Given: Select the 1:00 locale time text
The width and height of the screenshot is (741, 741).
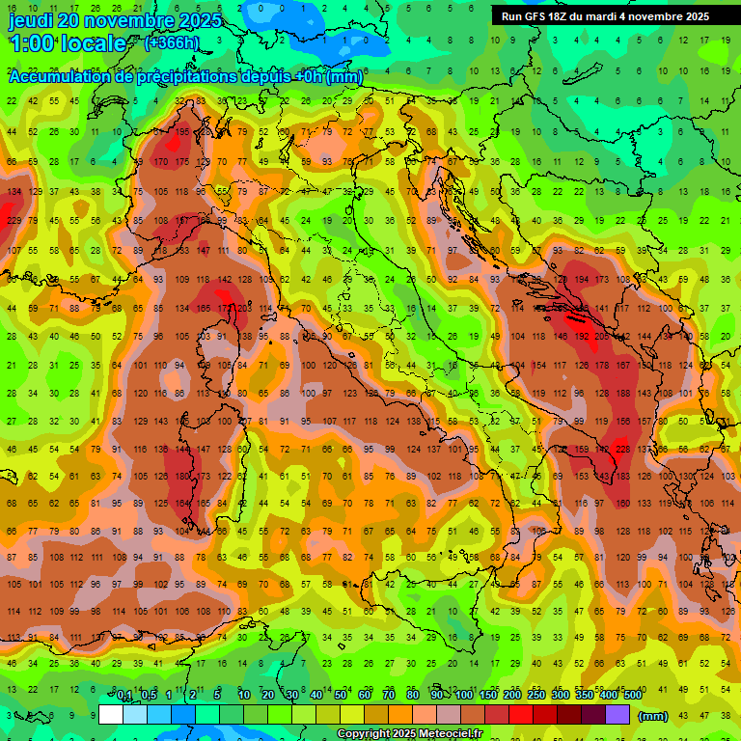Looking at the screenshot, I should (68, 43).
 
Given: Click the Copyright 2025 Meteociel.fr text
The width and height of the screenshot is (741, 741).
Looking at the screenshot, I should (409, 733).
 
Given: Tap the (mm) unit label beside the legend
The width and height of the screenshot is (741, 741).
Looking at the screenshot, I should (653, 715).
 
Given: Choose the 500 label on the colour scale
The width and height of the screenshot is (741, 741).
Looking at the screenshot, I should (632, 695).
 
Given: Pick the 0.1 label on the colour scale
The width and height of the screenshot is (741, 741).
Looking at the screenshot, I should (124, 695).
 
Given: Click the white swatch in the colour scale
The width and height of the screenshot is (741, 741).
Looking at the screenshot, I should (111, 715).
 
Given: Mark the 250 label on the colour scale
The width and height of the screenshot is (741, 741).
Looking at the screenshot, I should (535, 695).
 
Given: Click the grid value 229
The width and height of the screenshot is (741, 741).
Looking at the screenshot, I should (14, 220).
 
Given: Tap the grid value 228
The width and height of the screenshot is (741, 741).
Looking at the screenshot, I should (622, 449).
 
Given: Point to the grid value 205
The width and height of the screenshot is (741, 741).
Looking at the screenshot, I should (602, 337).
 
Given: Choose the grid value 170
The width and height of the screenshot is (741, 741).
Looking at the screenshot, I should (162, 162).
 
